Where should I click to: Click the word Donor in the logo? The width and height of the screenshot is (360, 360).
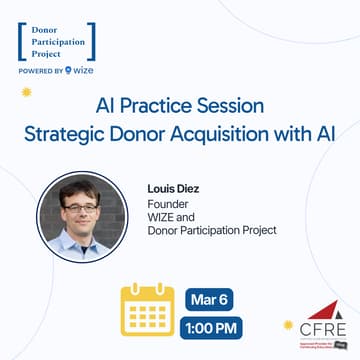(47, 20)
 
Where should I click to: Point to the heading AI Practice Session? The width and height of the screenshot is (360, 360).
(180, 105)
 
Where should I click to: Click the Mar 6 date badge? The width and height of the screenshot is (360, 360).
(210, 299)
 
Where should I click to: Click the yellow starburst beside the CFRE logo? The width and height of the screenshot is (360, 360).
(289, 326)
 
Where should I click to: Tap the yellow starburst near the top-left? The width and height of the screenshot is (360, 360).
(29, 92)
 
